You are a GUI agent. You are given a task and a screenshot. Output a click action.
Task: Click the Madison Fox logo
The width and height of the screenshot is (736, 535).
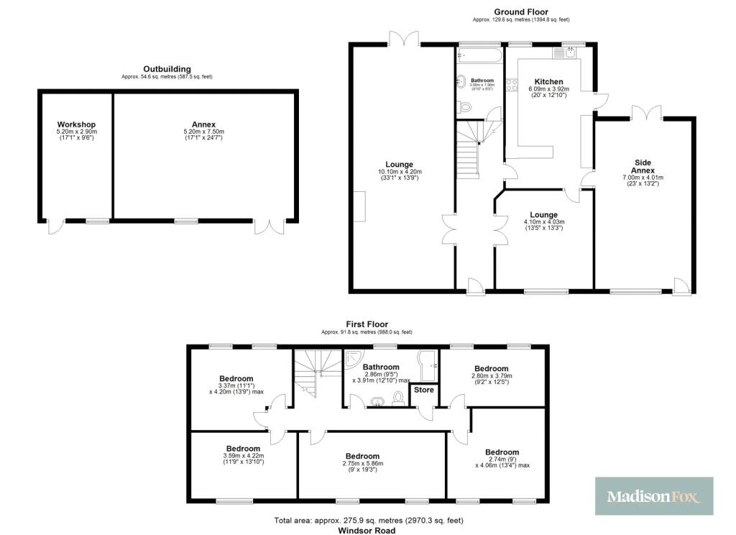click(654, 495)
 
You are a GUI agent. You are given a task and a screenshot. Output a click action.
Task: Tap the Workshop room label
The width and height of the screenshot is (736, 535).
click(76, 124)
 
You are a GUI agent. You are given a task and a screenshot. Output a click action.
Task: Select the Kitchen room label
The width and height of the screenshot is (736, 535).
click(548, 81)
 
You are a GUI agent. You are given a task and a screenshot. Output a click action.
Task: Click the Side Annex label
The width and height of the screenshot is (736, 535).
click(643, 166)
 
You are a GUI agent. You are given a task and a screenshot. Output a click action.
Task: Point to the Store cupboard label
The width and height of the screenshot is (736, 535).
click(423, 390)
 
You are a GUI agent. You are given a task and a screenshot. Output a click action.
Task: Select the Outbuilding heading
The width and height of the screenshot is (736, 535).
click(167, 69)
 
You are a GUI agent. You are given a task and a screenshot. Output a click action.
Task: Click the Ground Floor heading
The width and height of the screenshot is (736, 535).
click(520, 12)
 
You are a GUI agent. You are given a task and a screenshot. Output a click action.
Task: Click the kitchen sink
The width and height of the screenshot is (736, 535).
click(563, 52)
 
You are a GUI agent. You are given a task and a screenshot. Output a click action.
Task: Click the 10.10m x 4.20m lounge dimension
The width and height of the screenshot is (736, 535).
click(400, 172)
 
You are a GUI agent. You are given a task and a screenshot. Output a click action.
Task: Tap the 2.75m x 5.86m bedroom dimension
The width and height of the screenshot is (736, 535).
click(362, 464)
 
